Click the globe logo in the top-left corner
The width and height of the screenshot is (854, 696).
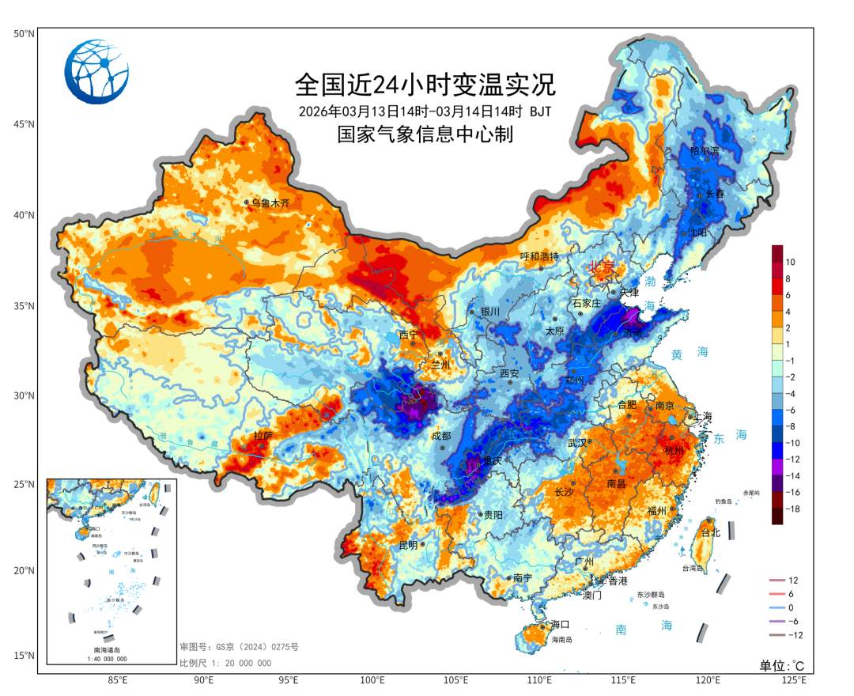click(x=97, y=72)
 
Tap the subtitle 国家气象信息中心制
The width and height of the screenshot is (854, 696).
click(x=425, y=134)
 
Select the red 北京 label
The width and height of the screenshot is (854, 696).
click(x=600, y=267)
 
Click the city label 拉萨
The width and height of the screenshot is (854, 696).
click(x=263, y=436)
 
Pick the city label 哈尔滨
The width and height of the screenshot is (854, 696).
click(x=705, y=150)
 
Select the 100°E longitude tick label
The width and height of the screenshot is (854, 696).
click(x=372, y=680)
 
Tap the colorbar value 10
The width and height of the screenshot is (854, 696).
click(x=790, y=261)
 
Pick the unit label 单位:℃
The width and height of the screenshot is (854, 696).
click(x=782, y=665)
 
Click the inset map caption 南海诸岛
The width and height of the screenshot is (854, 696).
click(x=110, y=649)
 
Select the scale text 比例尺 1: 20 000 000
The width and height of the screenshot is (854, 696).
click(x=225, y=663)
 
